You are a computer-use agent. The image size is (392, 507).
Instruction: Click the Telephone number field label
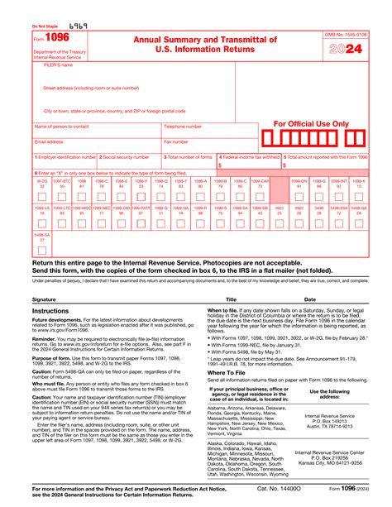point(184,127)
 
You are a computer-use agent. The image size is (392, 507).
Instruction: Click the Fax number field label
point(176,141)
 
